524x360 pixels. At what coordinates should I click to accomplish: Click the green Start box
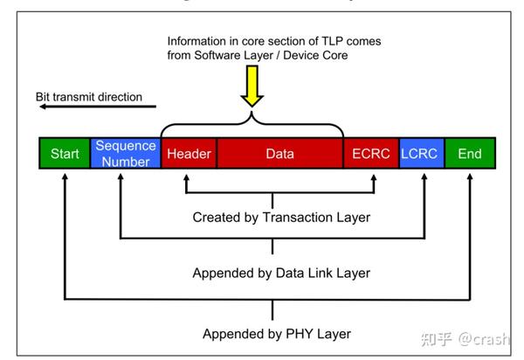tap(65, 154)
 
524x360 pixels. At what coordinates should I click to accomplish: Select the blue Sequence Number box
tap(126, 154)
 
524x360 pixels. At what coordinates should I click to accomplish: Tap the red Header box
tap(189, 154)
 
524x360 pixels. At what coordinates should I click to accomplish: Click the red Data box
tap(279, 154)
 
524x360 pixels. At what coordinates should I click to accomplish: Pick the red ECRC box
tap(370, 154)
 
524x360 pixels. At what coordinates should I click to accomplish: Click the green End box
tap(470, 154)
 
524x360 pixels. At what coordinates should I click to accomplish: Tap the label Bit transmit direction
tap(89, 96)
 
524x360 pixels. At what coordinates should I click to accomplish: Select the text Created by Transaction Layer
tap(281, 217)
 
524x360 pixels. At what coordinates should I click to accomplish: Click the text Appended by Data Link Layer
tap(281, 273)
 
